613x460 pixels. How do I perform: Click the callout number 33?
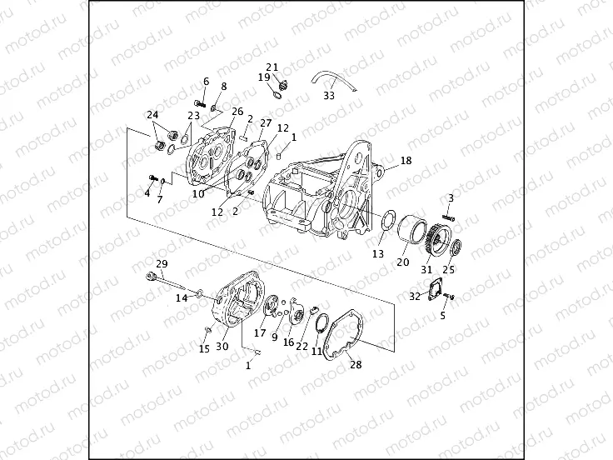[329, 96]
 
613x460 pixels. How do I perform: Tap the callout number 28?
[356, 364]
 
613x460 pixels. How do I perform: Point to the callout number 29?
[162, 263]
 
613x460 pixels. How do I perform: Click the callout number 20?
[402, 262]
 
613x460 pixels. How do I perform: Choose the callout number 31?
[428, 268]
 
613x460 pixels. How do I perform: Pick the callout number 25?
[448, 269]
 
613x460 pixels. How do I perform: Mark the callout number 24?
[152, 115]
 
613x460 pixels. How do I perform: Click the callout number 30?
[222, 347]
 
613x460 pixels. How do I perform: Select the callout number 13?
[378, 253]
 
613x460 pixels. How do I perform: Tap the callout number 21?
[272, 67]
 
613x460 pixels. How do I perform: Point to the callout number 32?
[415, 297]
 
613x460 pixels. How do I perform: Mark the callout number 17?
[260, 332]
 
